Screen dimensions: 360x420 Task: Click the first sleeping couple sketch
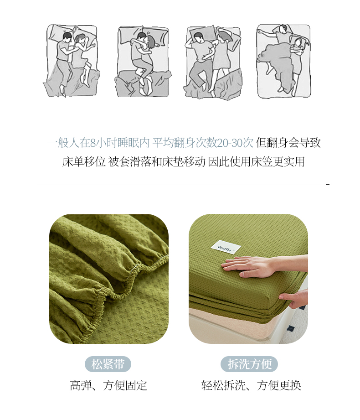pos(72,61)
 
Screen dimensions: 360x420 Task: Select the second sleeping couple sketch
pos(143,62)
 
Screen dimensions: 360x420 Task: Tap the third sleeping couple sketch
pos(213,62)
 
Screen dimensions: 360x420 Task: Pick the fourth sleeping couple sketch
pos(284,61)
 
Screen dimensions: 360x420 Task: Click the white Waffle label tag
pos(226,247)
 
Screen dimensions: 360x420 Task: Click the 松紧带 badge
pos(108,364)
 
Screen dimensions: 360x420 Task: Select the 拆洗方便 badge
pos(249,364)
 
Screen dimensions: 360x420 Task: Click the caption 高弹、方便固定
pos(108,385)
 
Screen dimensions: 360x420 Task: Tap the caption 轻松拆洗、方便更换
pos(251,385)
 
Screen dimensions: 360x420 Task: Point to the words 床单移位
pos(84,161)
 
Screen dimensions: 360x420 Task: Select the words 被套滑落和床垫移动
pos(157,161)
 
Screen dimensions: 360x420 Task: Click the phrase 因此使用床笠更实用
pos(256,161)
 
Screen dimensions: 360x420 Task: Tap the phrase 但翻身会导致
pos(288,143)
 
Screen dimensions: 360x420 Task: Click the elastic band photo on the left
pos(109,279)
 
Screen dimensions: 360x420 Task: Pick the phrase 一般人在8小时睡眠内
pos(98,143)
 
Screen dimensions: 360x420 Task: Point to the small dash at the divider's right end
pos(328,184)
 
